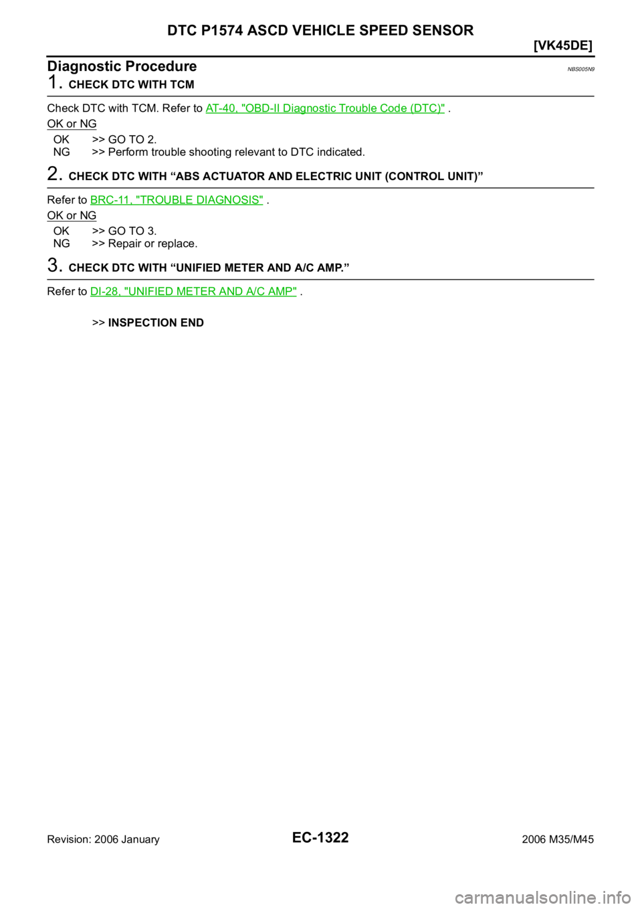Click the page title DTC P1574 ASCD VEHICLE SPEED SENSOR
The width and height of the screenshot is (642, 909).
tap(320, 30)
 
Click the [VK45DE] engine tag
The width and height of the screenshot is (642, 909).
tap(563, 46)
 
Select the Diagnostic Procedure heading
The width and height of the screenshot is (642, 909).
tap(122, 66)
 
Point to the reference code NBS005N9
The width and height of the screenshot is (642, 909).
tap(580, 70)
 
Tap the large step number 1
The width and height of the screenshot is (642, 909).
tap(54, 82)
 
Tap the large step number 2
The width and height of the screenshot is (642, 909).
tap(55, 174)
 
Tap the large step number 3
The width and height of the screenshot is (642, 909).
tap(55, 266)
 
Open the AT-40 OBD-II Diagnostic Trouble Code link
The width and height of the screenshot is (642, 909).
tap(325, 108)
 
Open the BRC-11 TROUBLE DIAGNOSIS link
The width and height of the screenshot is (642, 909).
tap(177, 200)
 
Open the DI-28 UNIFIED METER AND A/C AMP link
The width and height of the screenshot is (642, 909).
tap(193, 292)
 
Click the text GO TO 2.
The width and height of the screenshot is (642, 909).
tap(132, 140)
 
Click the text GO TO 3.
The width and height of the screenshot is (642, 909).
tap(132, 231)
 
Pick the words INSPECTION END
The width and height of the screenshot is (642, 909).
tap(156, 323)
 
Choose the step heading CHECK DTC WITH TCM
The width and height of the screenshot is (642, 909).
tap(131, 85)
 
